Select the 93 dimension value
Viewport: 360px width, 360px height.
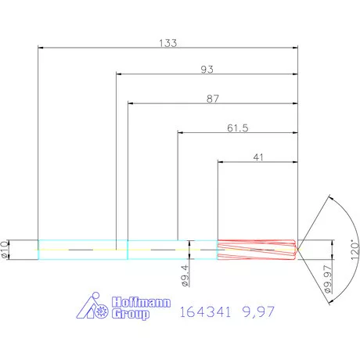(207, 70)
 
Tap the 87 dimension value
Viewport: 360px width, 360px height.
(212, 99)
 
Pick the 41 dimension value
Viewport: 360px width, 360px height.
(257, 157)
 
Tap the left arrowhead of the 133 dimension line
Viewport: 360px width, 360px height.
(41, 47)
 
